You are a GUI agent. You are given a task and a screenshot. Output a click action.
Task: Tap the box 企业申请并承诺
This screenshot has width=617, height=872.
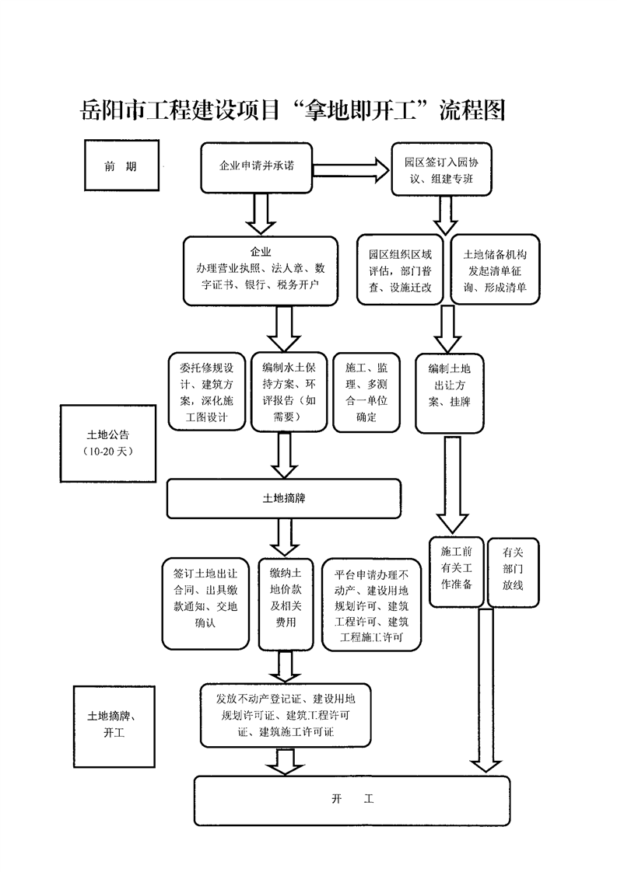click(257, 167)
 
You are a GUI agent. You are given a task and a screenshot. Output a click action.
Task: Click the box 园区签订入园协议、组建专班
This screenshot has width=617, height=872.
click(440, 169)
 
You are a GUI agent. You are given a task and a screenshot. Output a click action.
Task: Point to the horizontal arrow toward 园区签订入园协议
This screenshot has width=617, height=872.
click(350, 169)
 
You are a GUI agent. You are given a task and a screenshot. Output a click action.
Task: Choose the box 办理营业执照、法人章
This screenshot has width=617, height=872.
click(260, 270)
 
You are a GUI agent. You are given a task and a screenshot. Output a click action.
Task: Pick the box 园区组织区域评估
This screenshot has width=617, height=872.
click(401, 270)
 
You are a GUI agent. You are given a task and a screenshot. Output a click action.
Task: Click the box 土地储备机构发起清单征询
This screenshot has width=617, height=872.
click(495, 270)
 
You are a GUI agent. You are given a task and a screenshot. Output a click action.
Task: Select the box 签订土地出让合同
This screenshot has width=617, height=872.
click(206, 598)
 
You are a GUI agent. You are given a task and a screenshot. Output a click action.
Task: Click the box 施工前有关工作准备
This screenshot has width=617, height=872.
click(457, 571)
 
